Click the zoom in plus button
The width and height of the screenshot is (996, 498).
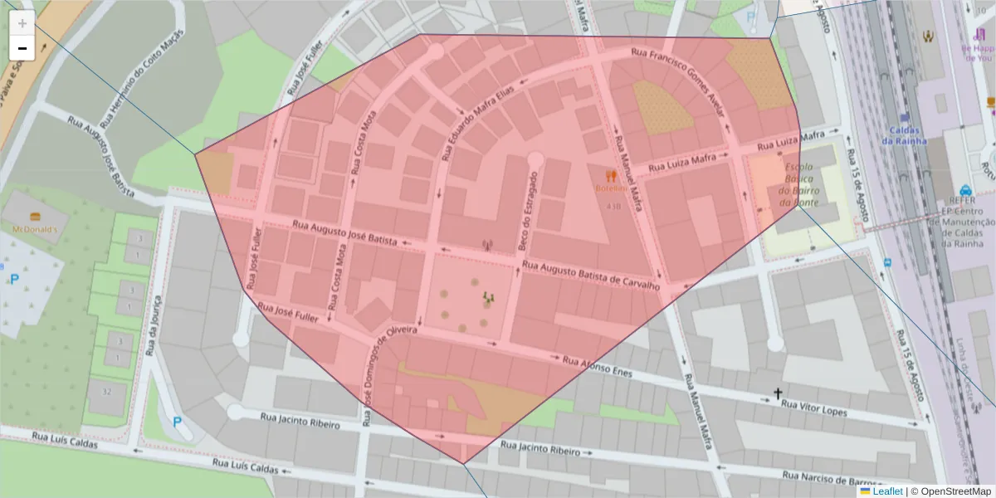(22, 22)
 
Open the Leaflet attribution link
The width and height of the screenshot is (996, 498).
(886, 491)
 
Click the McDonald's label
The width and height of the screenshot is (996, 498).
(34, 228)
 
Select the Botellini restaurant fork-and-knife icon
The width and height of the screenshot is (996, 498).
(612, 176)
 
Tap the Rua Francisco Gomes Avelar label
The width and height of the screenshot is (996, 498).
(680, 83)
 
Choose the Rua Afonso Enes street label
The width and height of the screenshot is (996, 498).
(597, 367)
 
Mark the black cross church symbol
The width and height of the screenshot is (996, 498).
(778, 394)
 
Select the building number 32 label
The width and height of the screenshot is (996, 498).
(106, 392)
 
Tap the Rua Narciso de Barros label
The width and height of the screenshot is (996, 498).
(830, 480)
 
